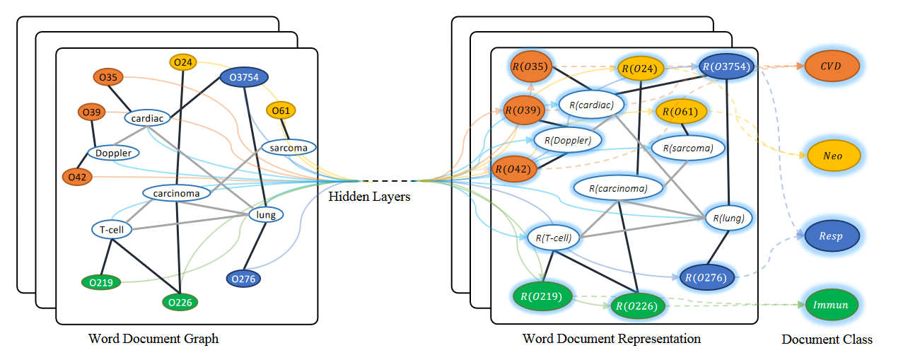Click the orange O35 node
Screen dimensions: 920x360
[x=108, y=77]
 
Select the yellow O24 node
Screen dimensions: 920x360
[x=182, y=62]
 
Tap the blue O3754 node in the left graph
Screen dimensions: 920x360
[x=244, y=77]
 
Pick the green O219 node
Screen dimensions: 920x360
[x=101, y=282]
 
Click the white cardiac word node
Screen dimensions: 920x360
[x=147, y=118]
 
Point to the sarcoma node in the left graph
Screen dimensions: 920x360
[x=289, y=148]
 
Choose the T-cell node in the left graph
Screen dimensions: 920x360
[x=112, y=230]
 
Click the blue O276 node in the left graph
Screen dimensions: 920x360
[x=243, y=279]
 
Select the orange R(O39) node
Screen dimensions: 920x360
[x=524, y=110]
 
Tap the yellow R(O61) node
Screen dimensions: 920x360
[x=681, y=112]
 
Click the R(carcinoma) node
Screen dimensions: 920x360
[x=618, y=188]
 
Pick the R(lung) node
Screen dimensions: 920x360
[x=728, y=218]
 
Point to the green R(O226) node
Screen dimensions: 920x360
[x=637, y=306]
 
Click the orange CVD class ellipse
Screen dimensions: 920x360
[x=832, y=66]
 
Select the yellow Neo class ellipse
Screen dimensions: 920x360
[x=833, y=156]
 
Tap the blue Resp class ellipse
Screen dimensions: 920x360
[x=832, y=236]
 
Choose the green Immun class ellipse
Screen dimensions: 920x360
[x=832, y=305]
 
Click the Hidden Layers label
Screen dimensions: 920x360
[x=369, y=197]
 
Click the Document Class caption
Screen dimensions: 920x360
[x=827, y=339]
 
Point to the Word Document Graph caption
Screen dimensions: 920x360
[x=153, y=339]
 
